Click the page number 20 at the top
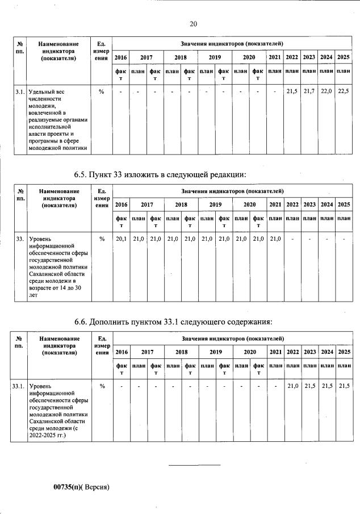[193, 24]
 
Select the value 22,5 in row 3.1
[343, 91]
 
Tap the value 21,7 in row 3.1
[309, 91]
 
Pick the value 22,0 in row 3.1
[326, 91]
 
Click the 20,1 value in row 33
[121, 239]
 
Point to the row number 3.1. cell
[19, 91]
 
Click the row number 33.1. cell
[19, 386]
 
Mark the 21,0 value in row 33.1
[292, 386]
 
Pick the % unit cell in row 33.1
[102, 386]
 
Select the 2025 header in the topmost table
[343, 57]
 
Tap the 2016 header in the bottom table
[121, 352]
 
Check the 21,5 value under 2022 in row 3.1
[292, 91]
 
